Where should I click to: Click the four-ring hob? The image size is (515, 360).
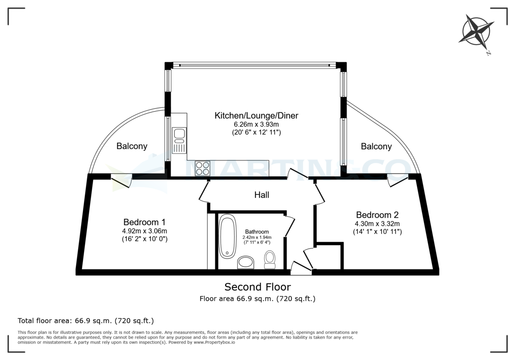(203, 168)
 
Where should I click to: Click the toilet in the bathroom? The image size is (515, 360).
(270, 259)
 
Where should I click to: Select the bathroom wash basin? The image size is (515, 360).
(245, 262)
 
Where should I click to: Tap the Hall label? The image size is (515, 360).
(261, 195)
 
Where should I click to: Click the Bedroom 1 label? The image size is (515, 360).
(144, 222)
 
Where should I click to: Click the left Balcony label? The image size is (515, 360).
(132, 146)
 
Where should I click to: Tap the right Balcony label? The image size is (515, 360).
(376, 147)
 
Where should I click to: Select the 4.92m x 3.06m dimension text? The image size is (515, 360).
(144, 231)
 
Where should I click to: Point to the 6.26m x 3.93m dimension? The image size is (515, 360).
(256, 124)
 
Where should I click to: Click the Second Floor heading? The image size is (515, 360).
(257, 287)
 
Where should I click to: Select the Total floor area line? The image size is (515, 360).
(85, 321)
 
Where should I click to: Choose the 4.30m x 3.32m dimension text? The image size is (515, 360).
(377, 224)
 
